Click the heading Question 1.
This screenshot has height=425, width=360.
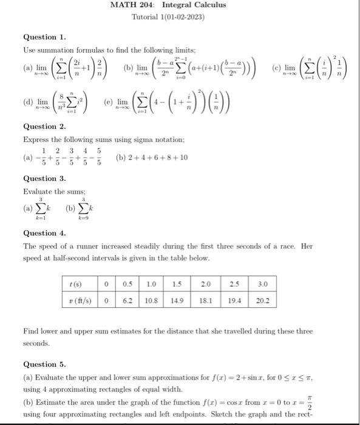tap(44, 36)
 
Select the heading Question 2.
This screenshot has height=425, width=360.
tap(44, 127)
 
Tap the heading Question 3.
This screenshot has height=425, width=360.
tap(44, 178)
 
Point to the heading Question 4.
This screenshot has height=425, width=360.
tap(44, 233)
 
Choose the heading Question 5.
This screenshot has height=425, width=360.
tap(44, 364)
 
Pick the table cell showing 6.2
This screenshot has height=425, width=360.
tap(127, 300)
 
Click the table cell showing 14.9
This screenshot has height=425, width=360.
tap(177, 300)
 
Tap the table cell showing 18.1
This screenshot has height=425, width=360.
tap(206, 300)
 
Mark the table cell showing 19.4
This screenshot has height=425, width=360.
tap(234, 300)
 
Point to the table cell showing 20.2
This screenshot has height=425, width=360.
tap(262, 300)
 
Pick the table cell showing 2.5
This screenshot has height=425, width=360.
tap(234, 284)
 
